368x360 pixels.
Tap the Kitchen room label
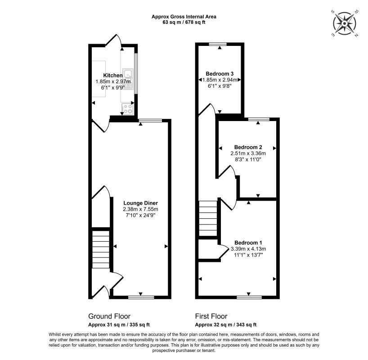click(112, 75)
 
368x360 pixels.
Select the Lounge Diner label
click(140, 202)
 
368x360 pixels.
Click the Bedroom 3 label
click(220, 73)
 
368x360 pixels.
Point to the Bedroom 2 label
click(248, 147)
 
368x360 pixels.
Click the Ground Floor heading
click(109, 316)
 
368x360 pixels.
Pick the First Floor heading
click(211, 316)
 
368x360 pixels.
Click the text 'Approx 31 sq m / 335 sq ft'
click(119, 324)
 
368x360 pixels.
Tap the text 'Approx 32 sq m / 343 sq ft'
click(225, 324)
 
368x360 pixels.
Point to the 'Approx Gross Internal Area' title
click(184, 17)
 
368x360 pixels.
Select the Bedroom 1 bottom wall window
click(249, 297)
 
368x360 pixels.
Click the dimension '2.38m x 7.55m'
click(140, 209)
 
